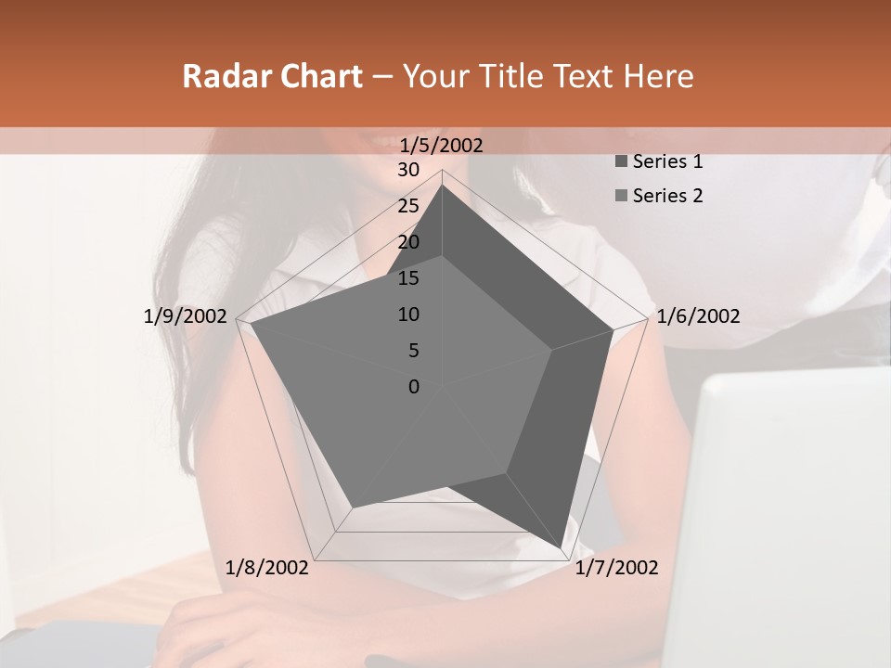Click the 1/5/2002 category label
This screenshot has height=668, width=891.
[x=442, y=145]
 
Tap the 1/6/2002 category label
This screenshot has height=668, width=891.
[x=698, y=316]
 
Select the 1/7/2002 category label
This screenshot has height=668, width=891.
[x=616, y=568]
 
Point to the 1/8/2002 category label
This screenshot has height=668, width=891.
[x=267, y=568]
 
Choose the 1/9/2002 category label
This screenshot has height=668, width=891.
[x=186, y=316]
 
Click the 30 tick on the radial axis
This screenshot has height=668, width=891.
[x=408, y=170]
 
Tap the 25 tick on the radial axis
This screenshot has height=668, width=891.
[x=408, y=206]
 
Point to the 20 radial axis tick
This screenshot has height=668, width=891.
[x=408, y=242]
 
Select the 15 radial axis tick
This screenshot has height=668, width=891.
[x=408, y=278]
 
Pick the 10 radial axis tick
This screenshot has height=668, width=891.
[x=408, y=315]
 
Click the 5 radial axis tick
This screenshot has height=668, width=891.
[x=413, y=351]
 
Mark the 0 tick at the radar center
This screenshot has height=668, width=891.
[x=414, y=387]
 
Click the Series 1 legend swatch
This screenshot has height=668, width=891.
[x=621, y=161]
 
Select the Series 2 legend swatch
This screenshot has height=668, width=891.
[x=621, y=196]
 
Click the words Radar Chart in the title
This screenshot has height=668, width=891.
[x=272, y=76]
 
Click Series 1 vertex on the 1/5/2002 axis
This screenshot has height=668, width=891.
[x=442, y=185]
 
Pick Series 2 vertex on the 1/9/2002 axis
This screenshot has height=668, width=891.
[x=250, y=324]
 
